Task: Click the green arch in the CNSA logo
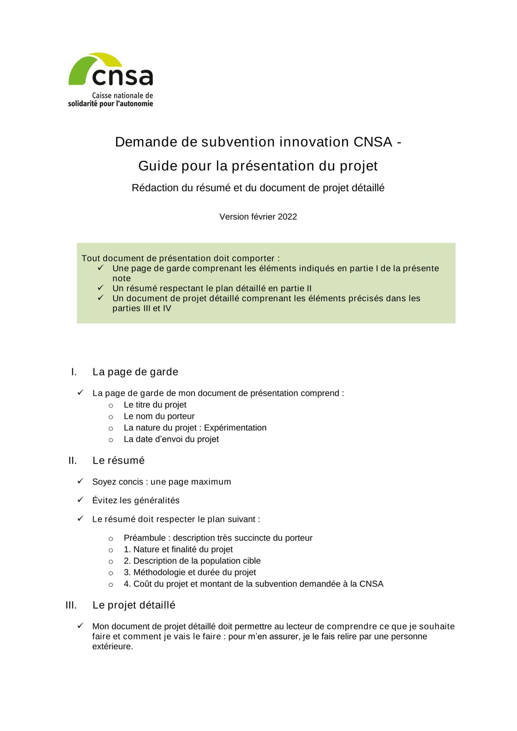pyautogui.click(x=82, y=68)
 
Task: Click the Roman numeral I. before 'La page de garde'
pyautogui.click(x=74, y=372)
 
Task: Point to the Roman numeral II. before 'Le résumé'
pyautogui.click(x=72, y=461)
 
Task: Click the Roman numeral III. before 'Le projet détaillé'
pyautogui.click(x=71, y=605)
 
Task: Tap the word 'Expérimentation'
pyautogui.click(x=235, y=428)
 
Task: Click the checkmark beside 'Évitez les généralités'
pyautogui.click(x=80, y=500)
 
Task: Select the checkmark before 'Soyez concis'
pyautogui.click(x=80, y=481)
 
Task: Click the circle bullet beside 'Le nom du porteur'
pyautogui.click(x=111, y=417)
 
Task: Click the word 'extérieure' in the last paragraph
pyautogui.click(x=112, y=647)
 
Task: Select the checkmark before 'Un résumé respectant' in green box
pyautogui.click(x=100, y=288)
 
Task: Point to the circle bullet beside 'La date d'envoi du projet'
pyautogui.click(x=111, y=440)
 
